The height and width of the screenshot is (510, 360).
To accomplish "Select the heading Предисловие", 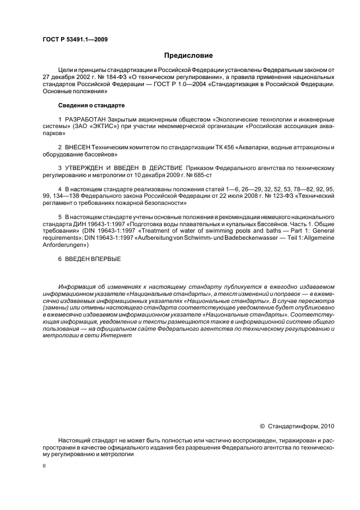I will coord(188,56).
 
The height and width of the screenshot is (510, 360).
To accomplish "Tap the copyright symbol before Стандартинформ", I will coord(263,426).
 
